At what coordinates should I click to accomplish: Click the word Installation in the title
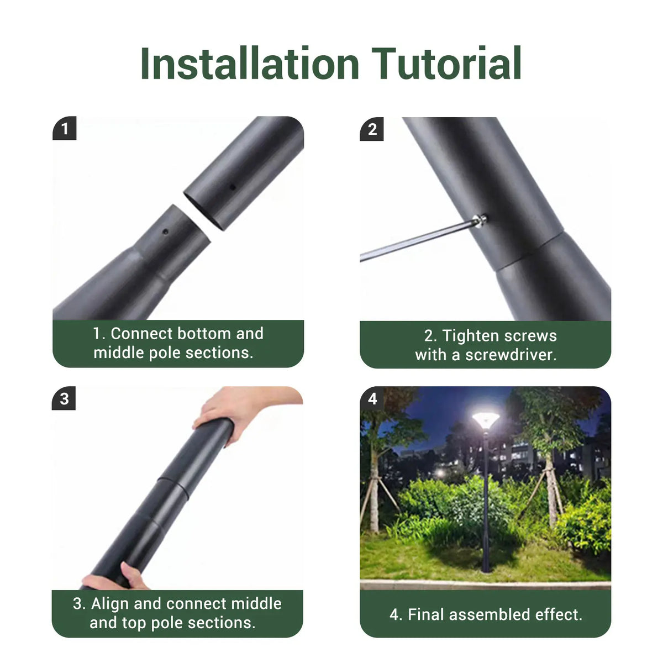click(250, 64)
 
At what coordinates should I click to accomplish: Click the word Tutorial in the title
click(446, 64)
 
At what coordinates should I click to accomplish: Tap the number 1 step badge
click(65, 129)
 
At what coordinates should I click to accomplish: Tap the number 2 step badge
click(372, 129)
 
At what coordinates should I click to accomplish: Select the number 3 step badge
click(64, 398)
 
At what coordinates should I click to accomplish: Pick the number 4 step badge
click(372, 398)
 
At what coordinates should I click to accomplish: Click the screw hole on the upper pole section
click(233, 187)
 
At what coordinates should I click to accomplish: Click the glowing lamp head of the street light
click(486, 420)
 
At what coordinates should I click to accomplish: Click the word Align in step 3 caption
click(110, 603)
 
